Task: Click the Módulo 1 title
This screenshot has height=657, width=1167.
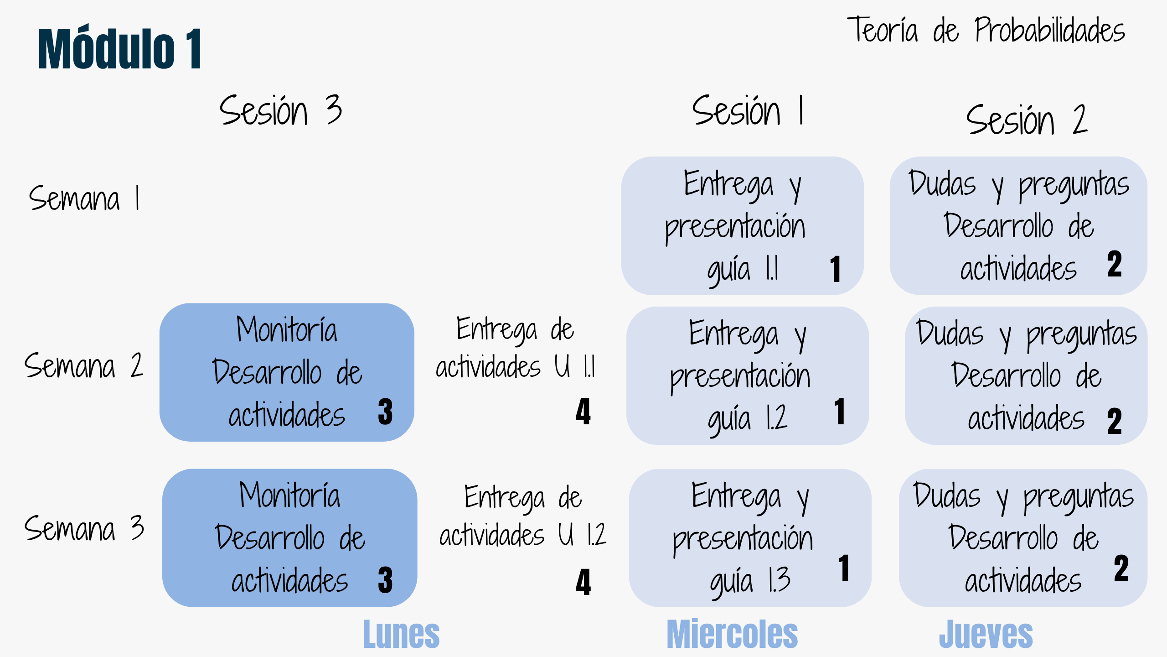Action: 119,49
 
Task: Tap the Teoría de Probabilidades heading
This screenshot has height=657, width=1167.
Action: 986,30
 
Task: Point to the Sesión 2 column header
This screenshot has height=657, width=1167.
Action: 1027,119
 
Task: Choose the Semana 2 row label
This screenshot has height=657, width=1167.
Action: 84,365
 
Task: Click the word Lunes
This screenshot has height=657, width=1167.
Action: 401,634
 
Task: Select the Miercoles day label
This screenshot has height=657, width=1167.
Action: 732,634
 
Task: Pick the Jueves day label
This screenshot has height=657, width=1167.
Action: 986,634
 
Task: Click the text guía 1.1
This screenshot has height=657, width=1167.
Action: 743,271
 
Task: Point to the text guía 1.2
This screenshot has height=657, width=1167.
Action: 747,420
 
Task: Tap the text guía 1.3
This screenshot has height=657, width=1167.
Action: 750,582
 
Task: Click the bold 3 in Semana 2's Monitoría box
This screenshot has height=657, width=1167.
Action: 385,412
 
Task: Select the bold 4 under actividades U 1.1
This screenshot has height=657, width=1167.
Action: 583,412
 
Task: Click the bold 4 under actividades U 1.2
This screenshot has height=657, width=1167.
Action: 583,582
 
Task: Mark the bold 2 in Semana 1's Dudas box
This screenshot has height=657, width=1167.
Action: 1114,264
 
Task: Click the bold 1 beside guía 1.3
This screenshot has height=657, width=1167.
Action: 844,568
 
